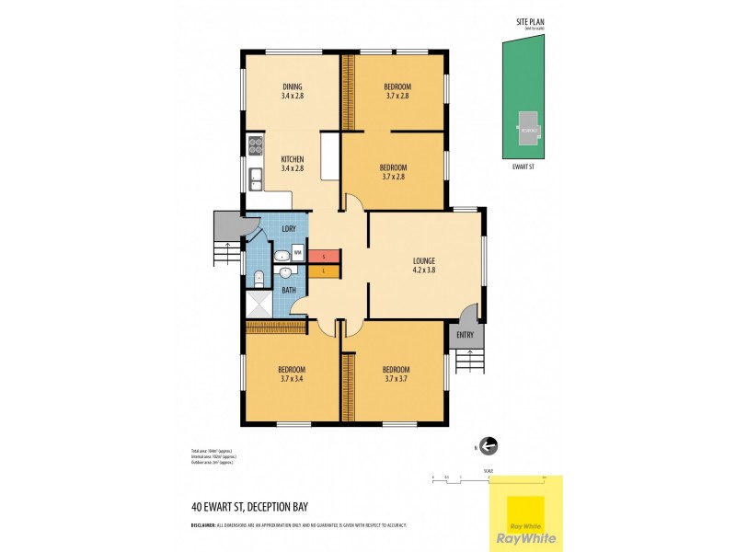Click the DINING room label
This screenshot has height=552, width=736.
pos(293,86)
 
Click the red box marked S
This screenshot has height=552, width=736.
pos(324,255)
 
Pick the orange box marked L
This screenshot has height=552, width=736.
pos(324,271)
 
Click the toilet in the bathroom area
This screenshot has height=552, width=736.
pos(259,277)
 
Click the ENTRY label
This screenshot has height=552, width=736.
pos(465,335)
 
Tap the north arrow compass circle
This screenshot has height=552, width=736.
pos(489,446)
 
